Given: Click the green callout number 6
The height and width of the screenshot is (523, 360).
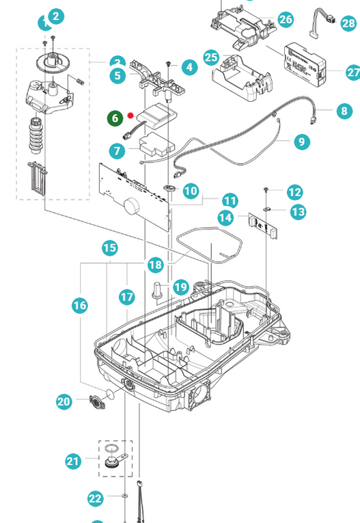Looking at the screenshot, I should pos(115,118).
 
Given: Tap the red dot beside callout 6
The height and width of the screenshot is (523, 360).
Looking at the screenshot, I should pos(130,116).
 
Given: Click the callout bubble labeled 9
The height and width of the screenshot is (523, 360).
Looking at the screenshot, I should pos(301,142).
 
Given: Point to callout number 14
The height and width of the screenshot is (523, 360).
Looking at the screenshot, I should pos(225,218).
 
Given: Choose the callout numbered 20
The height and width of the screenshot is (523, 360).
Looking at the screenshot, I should pos(64,402).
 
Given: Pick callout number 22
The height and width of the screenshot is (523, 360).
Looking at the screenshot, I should pos(96,500).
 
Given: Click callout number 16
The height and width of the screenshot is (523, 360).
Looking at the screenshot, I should pos(80,305).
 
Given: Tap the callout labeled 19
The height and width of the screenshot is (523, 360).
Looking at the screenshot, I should pos(180,287).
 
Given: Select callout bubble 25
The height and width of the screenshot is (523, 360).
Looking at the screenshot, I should pos(212,56).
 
